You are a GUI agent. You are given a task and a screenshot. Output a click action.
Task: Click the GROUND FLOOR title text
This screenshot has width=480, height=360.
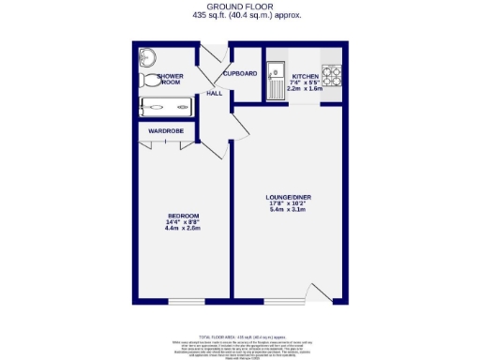239,7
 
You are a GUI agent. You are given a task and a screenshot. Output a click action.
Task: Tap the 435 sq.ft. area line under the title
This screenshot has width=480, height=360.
239,16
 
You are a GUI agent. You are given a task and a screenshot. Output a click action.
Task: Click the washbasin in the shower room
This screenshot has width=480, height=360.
147,54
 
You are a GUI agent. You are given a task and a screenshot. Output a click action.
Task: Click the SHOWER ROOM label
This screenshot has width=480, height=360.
170,79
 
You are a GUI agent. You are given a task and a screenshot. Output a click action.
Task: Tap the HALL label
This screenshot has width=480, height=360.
214,94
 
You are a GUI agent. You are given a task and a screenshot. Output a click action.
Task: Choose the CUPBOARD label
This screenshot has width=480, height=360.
239,73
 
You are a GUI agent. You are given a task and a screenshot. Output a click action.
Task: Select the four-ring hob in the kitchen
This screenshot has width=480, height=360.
332,72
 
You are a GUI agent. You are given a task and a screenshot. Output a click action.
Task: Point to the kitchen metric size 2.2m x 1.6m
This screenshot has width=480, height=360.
305,90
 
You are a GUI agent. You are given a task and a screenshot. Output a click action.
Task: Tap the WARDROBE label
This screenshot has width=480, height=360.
166,130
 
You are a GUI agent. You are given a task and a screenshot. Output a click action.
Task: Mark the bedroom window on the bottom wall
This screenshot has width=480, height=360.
186,301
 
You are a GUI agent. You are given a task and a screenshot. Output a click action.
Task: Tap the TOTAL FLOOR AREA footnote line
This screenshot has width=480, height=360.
239,335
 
